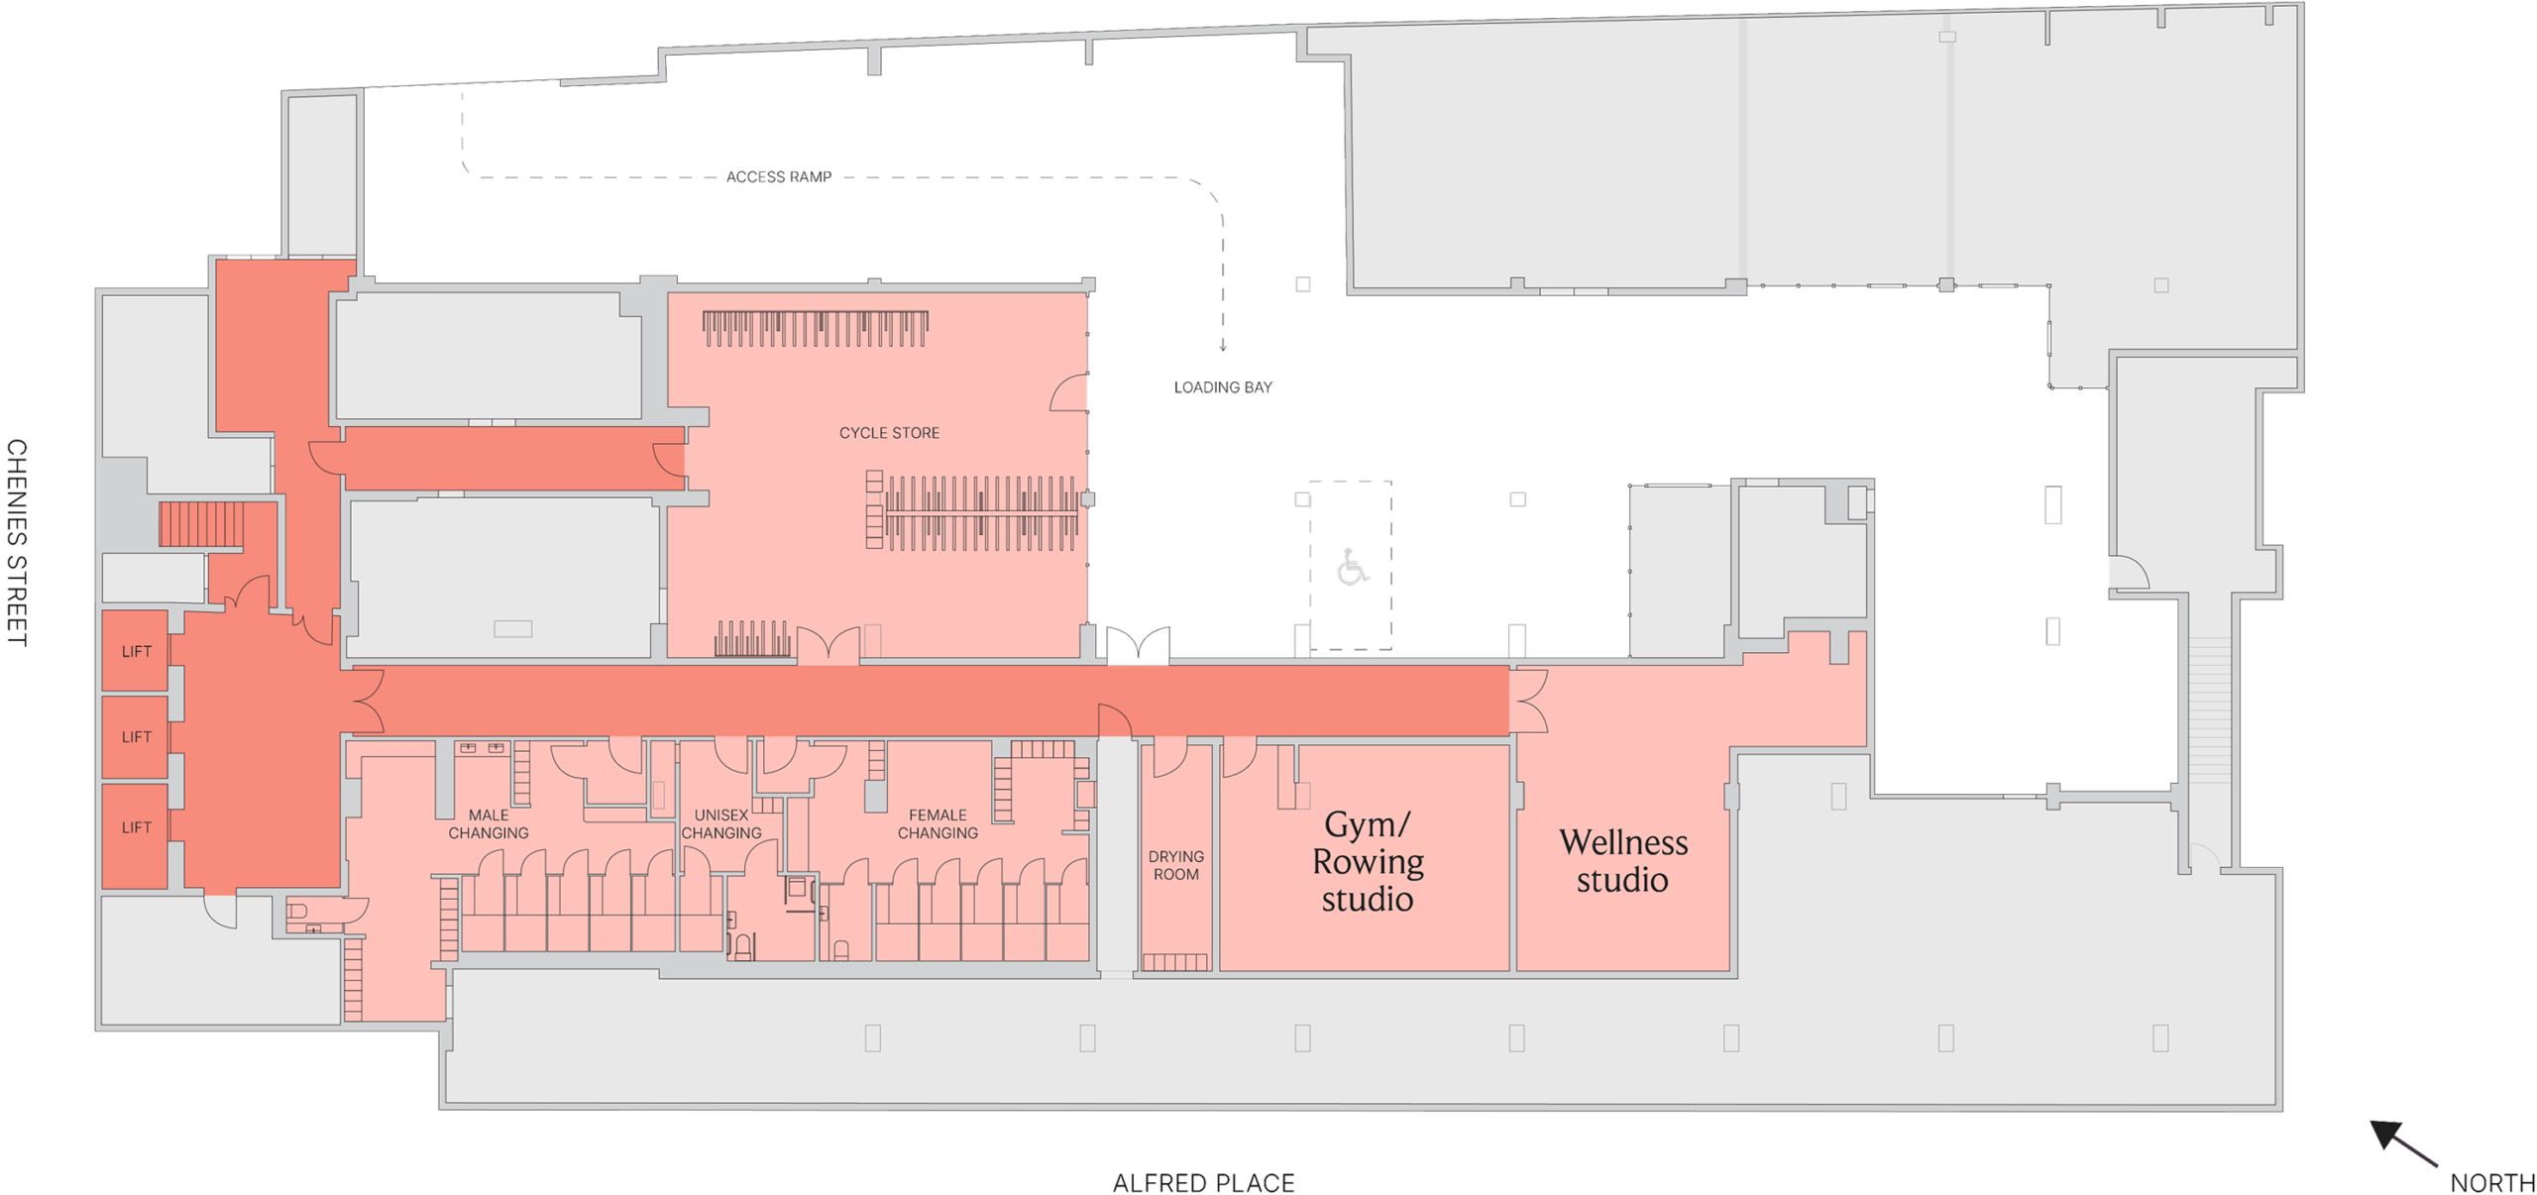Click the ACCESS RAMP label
point(778,176)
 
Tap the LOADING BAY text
point(1222,387)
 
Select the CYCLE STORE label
point(889,433)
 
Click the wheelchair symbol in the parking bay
point(1352,567)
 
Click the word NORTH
point(2491,1182)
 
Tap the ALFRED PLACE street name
point(1203,1183)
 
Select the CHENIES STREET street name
point(17,543)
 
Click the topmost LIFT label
point(137,651)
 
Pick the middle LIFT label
point(137,736)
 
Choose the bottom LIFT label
point(137,827)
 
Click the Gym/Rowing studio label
point(1368,861)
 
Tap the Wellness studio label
point(1623,860)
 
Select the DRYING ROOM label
point(1176,865)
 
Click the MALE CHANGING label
point(489,823)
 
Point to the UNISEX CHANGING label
point(721,823)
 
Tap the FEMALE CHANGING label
point(938,823)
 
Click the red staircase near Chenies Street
point(201,524)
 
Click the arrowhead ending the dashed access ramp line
point(1223,346)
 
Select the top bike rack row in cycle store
point(815,329)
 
